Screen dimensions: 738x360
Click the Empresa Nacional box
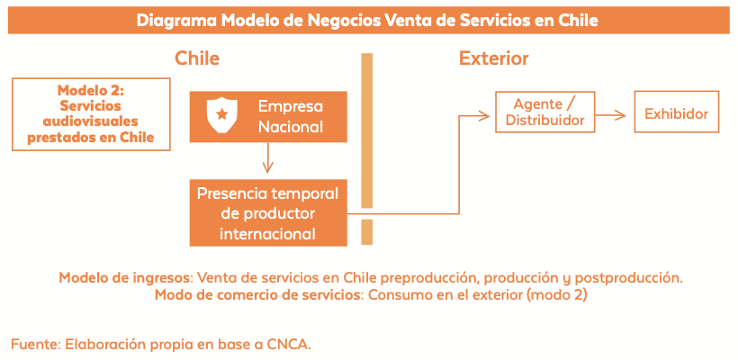(x=268, y=117)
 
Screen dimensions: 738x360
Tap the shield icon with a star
(x=222, y=115)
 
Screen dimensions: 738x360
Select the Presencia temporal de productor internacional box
(x=268, y=212)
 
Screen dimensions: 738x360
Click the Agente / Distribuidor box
(x=545, y=112)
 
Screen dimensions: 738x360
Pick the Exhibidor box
(x=676, y=112)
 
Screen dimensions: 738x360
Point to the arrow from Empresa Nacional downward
(x=268, y=157)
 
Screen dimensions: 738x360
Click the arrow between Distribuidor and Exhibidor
(x=611, y=115)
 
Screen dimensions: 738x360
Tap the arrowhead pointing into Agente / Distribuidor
(x=485, y=115)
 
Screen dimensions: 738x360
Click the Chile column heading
(x=197, y=58)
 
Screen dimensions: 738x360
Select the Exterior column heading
(x=494, y=58)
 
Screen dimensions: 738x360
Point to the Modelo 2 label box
(x=91, y=114)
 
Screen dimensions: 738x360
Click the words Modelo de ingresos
(x=125, y=277)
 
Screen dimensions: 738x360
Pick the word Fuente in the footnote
(x=36, y=344)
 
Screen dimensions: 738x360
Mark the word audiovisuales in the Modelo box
(x=91, y=121)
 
